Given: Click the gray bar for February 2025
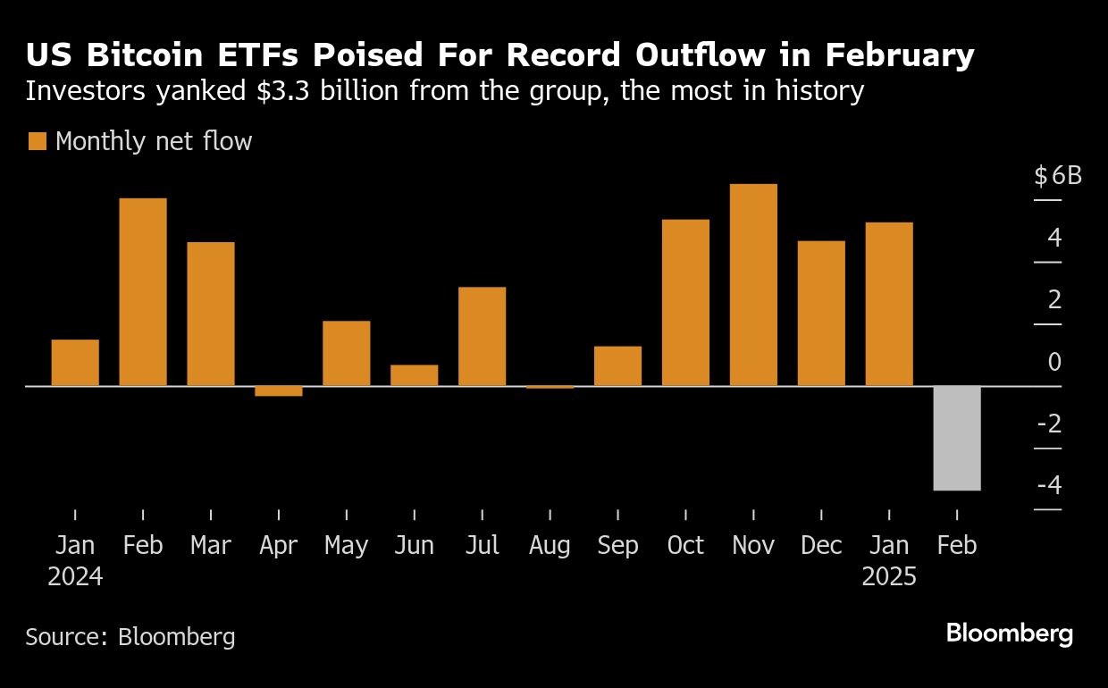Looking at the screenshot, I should click(957, 438).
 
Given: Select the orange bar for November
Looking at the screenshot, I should click(753, 285).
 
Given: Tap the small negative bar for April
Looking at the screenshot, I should click(279, 390).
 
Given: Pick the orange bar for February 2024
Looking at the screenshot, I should click(143, 292).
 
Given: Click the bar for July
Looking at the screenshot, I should click(482, 337).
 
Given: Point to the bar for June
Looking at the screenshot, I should click(415, 375).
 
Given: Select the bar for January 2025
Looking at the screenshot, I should click(889, 304).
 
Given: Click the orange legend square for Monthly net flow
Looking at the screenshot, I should click(38, 141).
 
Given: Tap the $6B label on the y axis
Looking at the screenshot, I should click(1058, 176).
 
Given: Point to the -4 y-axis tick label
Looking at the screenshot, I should click(1049, 486).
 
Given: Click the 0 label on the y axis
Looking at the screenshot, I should click(1054, 363).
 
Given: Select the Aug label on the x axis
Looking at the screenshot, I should click(550, 546).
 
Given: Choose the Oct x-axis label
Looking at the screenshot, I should click(685, 546).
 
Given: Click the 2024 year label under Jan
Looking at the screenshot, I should click(75, 578).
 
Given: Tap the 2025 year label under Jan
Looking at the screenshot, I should click(889, 578).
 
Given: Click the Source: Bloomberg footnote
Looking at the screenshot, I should click(130, 637).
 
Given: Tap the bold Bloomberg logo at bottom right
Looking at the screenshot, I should click(1009, 634).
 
